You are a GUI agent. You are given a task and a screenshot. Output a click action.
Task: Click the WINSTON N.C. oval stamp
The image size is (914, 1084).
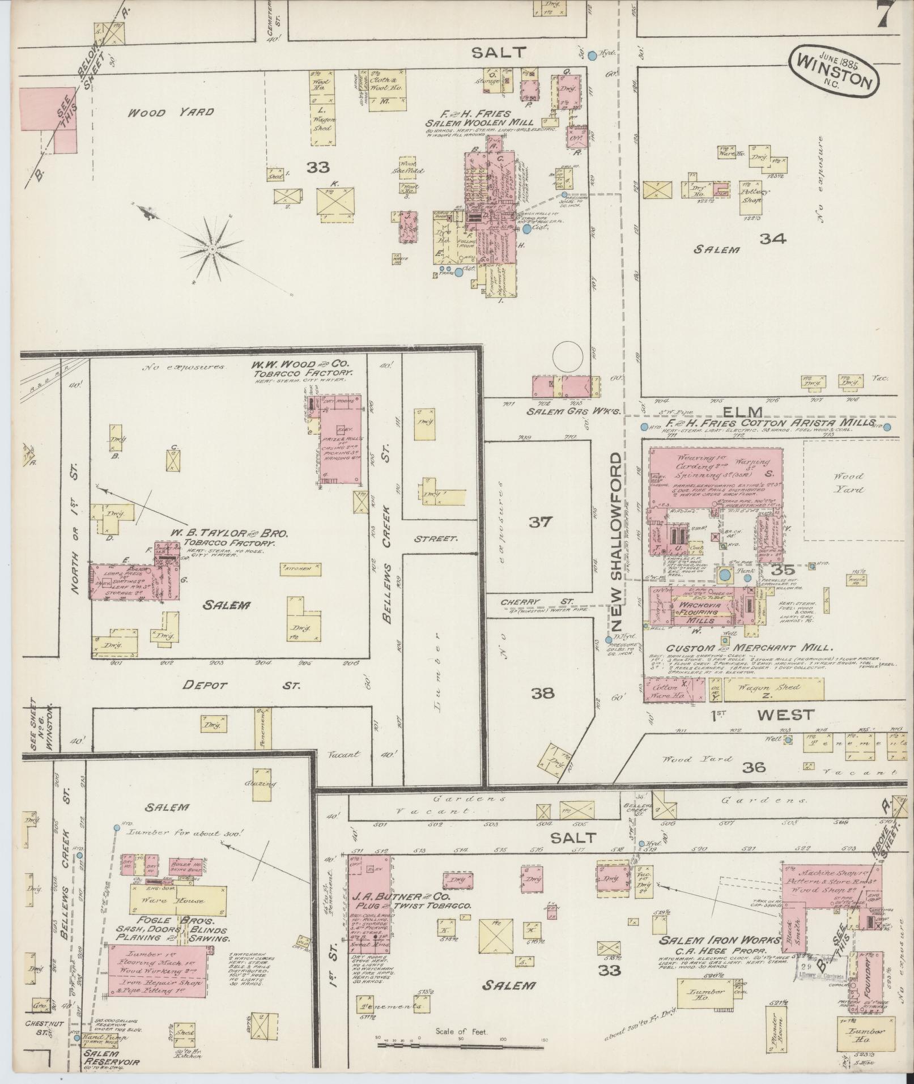834,71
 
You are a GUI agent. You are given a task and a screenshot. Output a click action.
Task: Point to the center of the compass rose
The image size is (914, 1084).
212,248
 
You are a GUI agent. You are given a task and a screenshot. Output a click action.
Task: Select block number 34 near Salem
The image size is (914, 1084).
773,239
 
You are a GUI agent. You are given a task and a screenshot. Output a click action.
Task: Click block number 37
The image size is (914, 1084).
539,522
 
